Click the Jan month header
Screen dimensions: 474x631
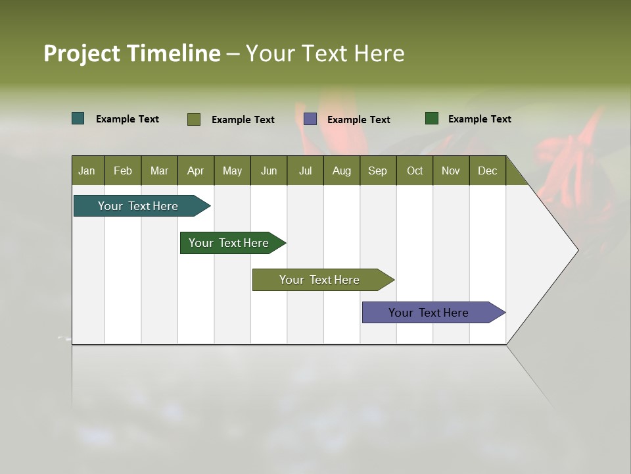coord(87,171)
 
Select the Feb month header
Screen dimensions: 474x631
coord(123,171)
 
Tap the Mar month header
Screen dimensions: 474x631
coord(159,171)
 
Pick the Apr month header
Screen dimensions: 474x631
coord(195,171)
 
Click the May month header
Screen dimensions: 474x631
coord(232,171)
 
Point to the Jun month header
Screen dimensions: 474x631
coord(269,171)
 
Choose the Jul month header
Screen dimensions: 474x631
coord(305,171)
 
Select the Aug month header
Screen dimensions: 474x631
coord(341,171)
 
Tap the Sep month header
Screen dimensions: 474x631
coord(377,171)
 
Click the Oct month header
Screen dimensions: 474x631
coord(415,171)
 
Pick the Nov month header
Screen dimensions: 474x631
coord(451,171)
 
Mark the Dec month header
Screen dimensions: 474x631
coord(487,171)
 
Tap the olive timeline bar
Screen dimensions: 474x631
coord(320,280)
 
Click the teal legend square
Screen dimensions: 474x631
coord(78,118)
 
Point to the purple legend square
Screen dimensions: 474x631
coord(310,119)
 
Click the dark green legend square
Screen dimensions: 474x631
coord(432,118)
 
